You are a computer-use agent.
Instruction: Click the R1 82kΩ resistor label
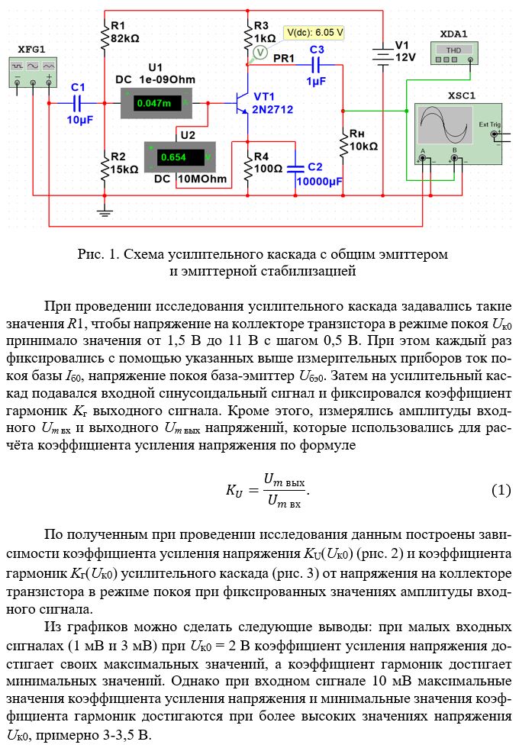[x=124, y=32]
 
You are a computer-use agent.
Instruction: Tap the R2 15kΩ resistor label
[x=124, y=163]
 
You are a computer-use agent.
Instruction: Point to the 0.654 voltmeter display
[x=176, y=158]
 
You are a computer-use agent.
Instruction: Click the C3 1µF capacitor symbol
[x=317, y=66]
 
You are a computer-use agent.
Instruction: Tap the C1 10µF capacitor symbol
[x=78, y=102]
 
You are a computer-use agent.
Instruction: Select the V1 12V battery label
[x=405, y=50]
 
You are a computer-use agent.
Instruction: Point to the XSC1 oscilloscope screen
[x=442, y=126]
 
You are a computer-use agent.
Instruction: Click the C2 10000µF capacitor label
[x=320, y=173]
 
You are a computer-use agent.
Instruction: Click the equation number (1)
[x=500, y=490]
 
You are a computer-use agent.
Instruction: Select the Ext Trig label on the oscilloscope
[x=490, y=124]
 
